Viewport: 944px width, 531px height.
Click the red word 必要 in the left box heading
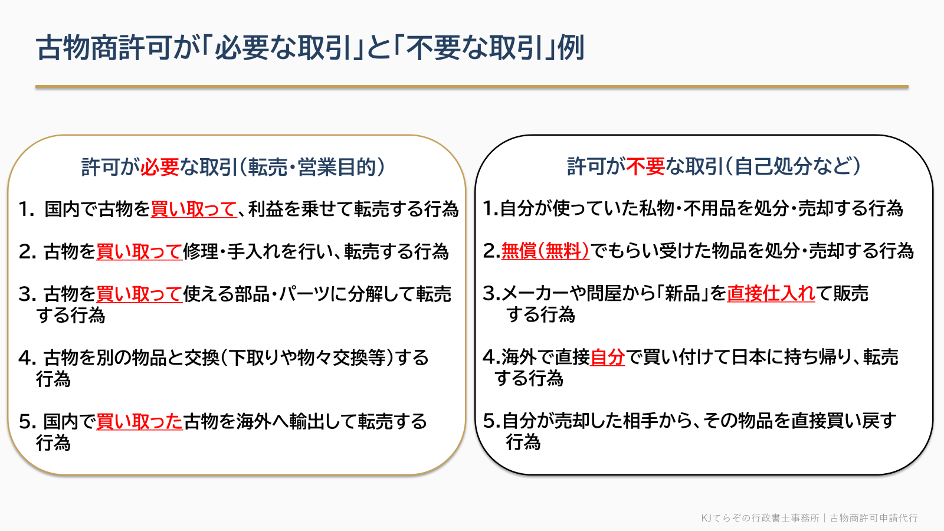click(160, 167)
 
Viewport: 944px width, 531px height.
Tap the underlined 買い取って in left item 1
click(194, 209)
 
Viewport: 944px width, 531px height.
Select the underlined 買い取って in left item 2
click(139, 251)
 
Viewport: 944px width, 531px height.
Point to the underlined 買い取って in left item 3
click(139, 294)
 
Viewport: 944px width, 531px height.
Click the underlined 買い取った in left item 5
click(139, 421)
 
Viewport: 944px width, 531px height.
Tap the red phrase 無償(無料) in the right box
click(545, 251)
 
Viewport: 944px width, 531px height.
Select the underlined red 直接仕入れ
click(771, 294)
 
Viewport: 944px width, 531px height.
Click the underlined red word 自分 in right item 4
click(607, 358)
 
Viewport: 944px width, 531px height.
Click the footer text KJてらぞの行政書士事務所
click(761, 518)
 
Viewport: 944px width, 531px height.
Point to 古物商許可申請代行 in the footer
click(874, 518)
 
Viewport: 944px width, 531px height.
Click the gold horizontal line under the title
click(471, 87)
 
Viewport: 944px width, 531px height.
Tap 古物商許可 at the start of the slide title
click(104, 48)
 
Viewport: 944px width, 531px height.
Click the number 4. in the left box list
click(27, 358)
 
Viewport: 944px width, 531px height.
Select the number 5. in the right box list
click(491, 421)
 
